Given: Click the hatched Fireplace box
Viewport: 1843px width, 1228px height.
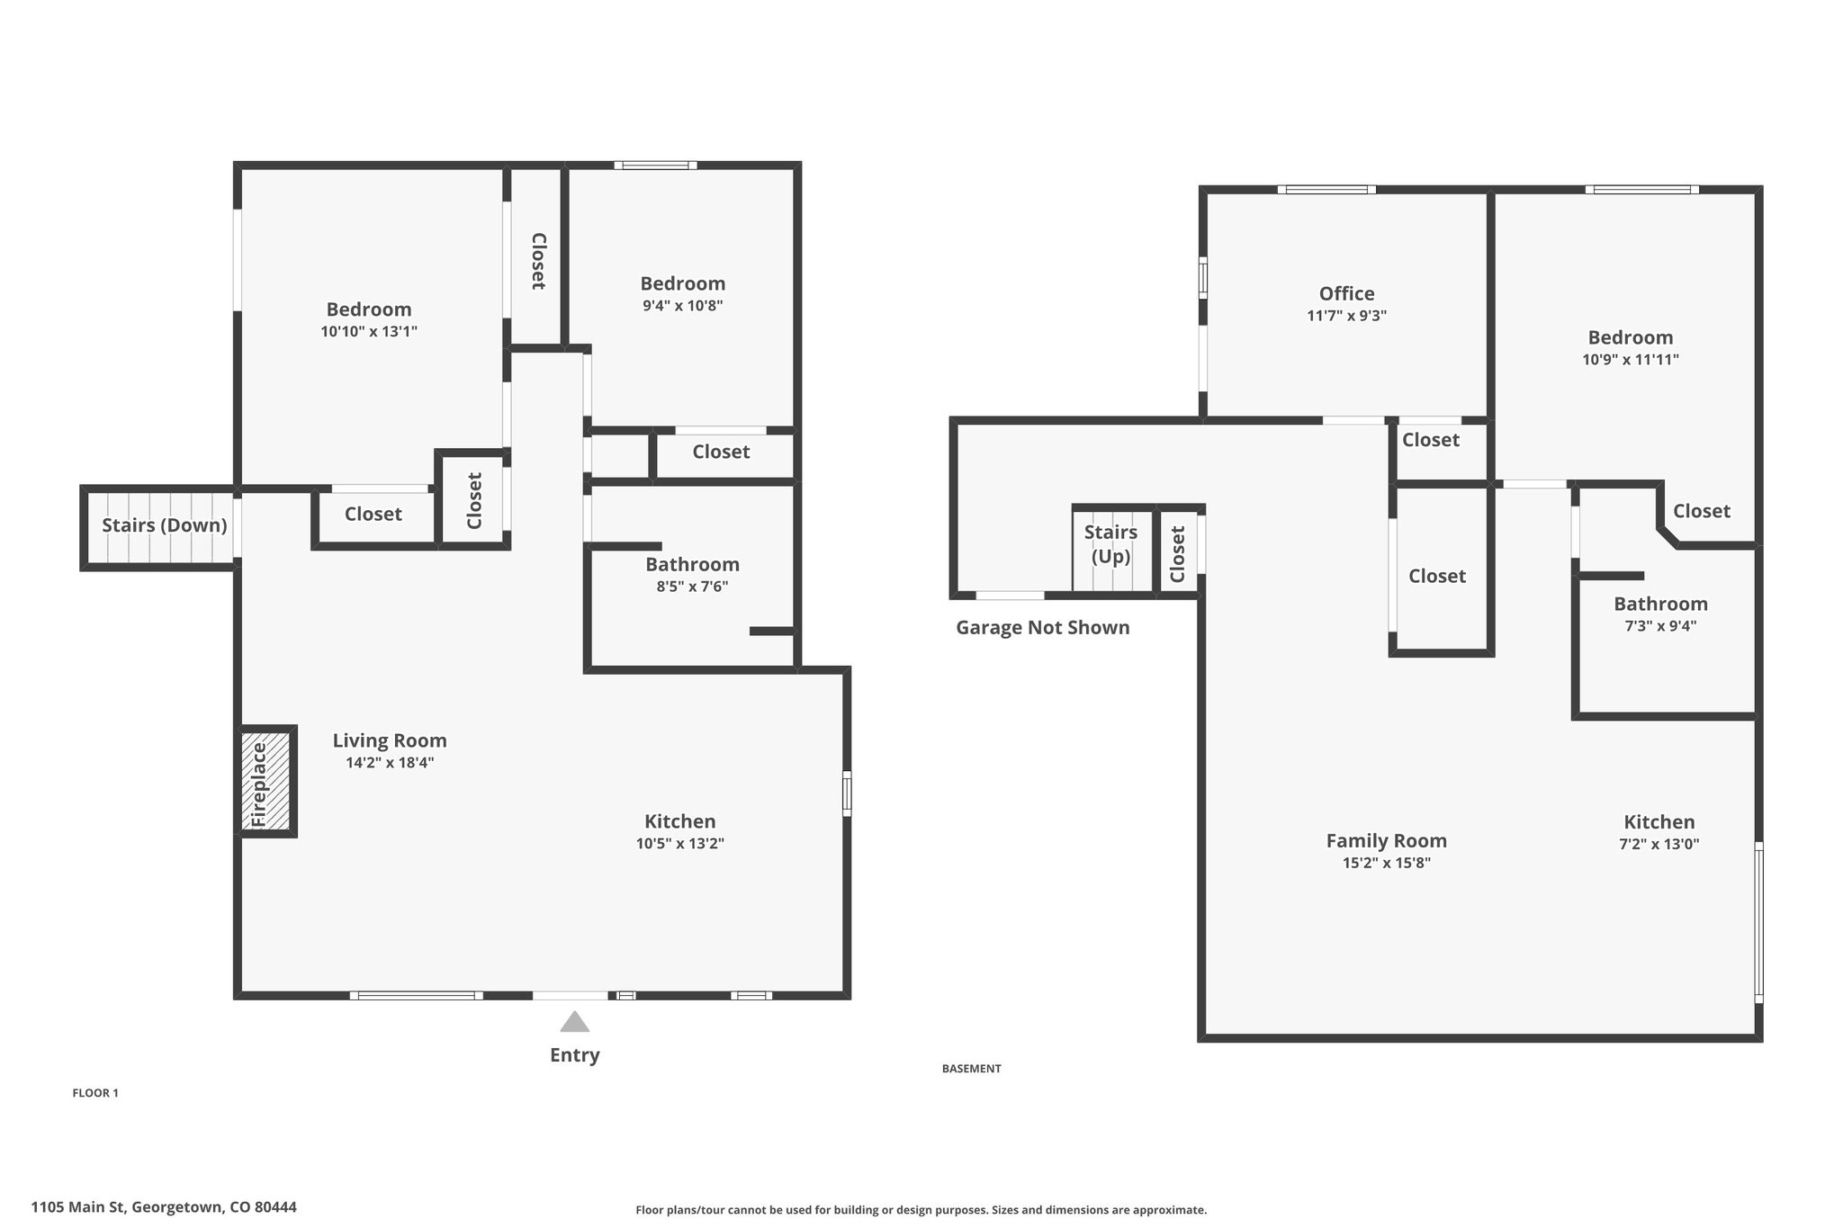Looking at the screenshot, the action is pos(265,781).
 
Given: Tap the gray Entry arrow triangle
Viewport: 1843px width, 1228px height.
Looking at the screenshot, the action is pos(574,1021).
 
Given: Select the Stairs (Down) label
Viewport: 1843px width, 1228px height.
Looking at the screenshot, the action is pos(164,525).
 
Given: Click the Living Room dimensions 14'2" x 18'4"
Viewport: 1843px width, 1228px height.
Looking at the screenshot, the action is pos(390,763).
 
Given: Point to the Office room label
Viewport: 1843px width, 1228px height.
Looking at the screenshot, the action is pos(1346,293).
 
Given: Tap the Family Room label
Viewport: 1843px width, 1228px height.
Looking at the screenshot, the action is pos(1386,841).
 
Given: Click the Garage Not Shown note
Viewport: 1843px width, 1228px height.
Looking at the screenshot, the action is pos(1042,628).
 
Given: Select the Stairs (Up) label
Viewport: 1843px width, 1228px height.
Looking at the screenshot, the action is pos(1110,544).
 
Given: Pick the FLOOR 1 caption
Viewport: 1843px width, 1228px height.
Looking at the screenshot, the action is pos(95,1093).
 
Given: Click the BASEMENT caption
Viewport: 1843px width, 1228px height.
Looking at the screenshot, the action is pos(971,1069).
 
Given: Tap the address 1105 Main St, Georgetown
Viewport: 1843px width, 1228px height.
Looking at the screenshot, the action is pos(164,1207).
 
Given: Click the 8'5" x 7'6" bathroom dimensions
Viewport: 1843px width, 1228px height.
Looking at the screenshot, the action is pos(691,587).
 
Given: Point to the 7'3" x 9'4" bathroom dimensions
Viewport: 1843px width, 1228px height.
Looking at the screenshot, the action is pos(1660,626).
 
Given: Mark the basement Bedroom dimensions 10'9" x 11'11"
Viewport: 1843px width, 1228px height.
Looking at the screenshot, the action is pos(1631,360).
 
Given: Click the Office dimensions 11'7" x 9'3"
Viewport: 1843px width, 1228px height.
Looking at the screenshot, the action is pos(1346,316).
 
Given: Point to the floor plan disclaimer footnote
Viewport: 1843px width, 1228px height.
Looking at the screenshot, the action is pos(921,1210).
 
